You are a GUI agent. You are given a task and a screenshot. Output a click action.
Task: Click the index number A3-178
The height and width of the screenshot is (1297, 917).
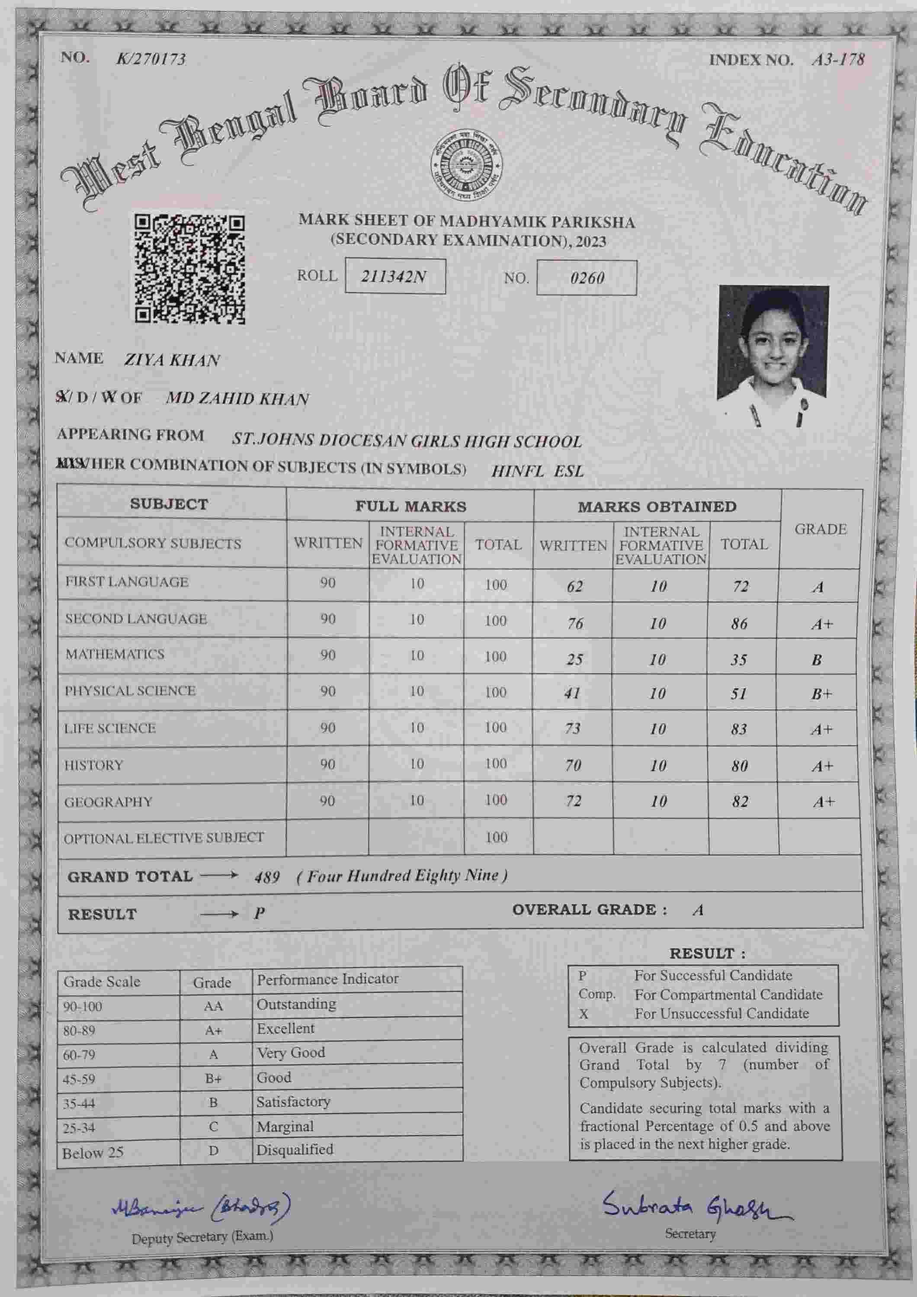point(838,60)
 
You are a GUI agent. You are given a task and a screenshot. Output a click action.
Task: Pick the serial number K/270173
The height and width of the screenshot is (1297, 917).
point(151,59)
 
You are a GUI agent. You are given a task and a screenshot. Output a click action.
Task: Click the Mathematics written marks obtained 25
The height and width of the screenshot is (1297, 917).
point(574,659)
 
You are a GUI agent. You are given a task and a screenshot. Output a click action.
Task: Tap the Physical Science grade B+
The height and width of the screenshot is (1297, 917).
point(821,693)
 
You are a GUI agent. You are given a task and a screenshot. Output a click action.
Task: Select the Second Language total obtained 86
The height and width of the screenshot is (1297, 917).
point(739,624)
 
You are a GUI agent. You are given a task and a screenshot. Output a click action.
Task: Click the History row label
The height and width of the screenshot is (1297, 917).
point(94,765)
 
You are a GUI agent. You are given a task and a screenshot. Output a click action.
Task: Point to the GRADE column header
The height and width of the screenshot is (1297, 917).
point(821,529)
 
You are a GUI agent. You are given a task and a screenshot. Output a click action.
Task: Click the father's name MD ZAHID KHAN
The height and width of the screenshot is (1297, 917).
point(237,399)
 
